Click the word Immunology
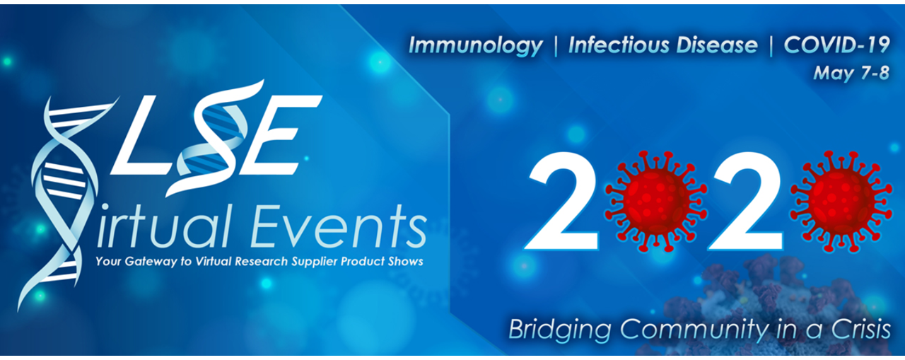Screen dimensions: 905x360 476,46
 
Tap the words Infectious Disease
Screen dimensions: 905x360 663,45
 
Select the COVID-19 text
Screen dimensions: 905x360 836,45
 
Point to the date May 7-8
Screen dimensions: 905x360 852,73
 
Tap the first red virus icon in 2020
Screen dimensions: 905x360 655,201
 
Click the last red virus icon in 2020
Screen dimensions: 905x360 841,201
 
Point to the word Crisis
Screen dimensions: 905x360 861,328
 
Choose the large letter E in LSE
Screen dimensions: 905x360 282,134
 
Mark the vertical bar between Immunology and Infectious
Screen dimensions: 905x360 556,46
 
